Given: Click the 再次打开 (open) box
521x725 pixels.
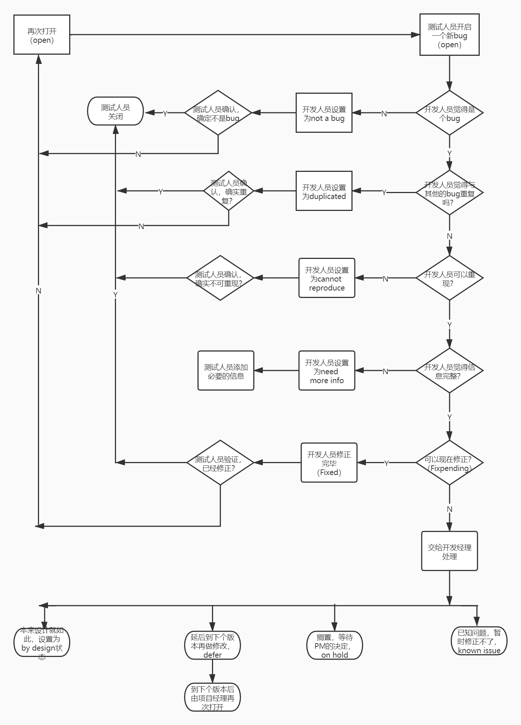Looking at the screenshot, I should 42,35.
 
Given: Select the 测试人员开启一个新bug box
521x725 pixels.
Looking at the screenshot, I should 449,35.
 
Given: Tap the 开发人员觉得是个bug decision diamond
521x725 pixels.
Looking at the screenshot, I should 449,113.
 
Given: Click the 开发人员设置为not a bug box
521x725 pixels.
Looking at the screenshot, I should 324,113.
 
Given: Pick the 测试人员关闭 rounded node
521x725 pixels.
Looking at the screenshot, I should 115,111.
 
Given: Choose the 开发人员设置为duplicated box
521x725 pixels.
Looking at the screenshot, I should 324,191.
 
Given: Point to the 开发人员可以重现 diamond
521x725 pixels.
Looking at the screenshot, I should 449,278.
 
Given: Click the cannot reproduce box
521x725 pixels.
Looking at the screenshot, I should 327,278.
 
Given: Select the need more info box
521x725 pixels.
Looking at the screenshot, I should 327,370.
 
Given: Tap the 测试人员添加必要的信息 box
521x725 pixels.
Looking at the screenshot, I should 226,370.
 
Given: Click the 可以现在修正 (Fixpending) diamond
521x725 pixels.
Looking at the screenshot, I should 449,463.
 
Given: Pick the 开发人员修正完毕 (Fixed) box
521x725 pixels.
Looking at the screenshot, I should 329,463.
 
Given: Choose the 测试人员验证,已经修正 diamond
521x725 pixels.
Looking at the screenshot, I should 220,463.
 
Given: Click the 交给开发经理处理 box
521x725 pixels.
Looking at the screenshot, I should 449,551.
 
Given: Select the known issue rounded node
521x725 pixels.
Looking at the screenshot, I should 479,641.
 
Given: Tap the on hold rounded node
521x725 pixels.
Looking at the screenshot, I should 334,645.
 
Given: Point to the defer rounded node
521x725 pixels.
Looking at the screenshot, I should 212,645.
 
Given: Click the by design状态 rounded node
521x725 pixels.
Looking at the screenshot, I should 42,643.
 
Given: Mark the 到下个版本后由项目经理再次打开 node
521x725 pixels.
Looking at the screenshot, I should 212,697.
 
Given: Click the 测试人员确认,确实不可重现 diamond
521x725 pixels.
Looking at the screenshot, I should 220,278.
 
